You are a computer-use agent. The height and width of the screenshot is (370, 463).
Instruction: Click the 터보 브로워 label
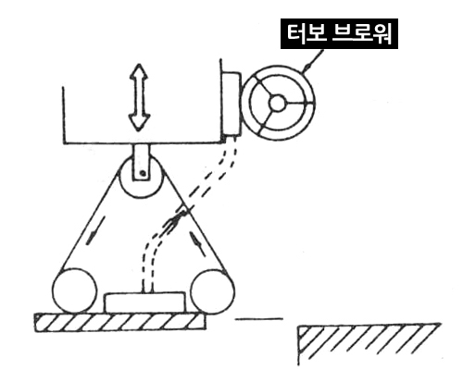[339, 33]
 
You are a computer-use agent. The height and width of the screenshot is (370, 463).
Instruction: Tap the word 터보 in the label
[307, 33]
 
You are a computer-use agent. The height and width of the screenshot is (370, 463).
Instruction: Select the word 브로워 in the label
[362, 33]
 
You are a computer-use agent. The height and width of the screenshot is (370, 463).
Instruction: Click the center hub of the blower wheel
[277, 104]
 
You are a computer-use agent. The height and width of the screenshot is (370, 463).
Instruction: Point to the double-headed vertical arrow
[139, 97]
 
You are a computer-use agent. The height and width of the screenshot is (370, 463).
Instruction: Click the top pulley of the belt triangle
[141, 177]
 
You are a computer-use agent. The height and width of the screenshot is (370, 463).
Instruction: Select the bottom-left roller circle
[74, 290]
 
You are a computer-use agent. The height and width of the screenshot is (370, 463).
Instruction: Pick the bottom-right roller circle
[212, 291]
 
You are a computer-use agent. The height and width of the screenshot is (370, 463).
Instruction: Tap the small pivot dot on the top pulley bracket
[143, 173]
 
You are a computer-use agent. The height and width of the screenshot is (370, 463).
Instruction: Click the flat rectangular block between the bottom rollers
[145, 302]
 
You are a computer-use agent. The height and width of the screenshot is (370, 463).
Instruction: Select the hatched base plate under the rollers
[119, 323]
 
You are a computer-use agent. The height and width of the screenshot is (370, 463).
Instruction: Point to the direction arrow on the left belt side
[95, 230]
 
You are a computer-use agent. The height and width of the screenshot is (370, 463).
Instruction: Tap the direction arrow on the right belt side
[197, 243]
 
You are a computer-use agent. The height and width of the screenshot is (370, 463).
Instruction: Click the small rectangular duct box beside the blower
[231, 104]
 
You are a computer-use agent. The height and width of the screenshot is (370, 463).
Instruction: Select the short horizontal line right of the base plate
[259, 319]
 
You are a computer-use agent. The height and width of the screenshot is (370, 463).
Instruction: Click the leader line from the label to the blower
[313, 61]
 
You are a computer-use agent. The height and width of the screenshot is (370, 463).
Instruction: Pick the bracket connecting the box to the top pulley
[142, 162]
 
